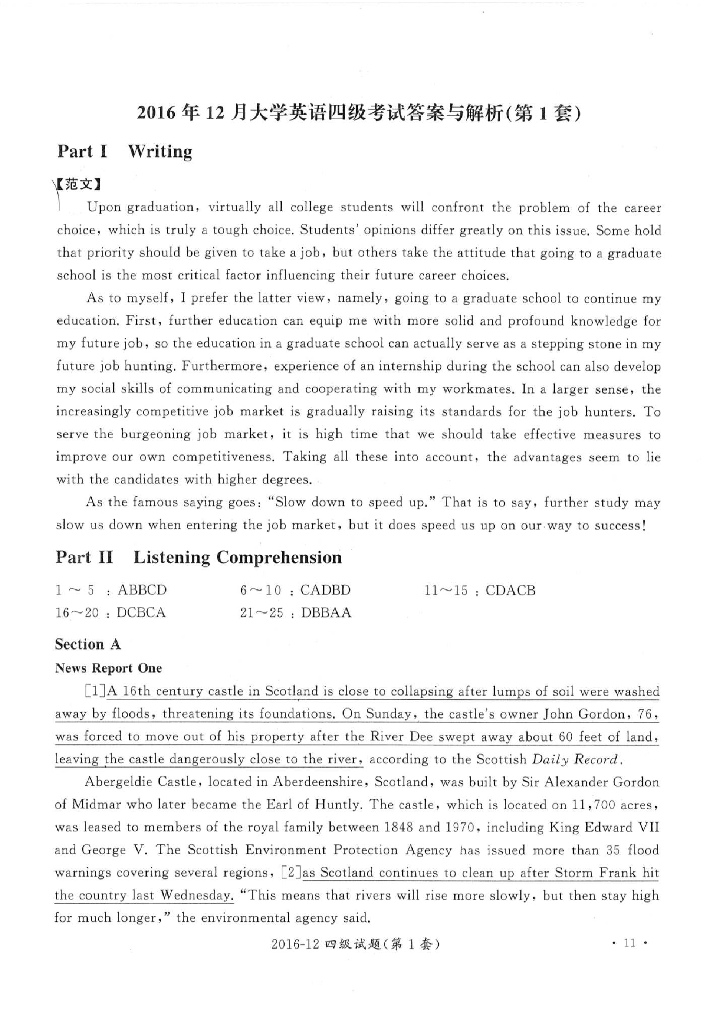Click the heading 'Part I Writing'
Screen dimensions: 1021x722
pyautogui.click(x=124, y=151)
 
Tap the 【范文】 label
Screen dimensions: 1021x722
pyautogui.click(x=79, y=184)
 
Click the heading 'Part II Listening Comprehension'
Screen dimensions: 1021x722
pyautogui.click(x=198, y=557)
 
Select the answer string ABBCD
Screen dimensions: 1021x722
pyautogui.click(x=142, y=591)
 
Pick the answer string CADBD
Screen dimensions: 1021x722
pyautogui.click(x=325, y=591)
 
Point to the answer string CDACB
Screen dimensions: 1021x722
pyautogui.click(x=510, y=591)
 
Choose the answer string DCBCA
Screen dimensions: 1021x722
pyautogui.click(x=141, y=613)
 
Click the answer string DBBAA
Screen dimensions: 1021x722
pyautogui.click(x=326, y=613)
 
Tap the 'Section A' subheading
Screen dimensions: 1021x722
pyautogui.click(x=88, y=644)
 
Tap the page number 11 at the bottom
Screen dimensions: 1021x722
pyautogui.click(x=629, y=955)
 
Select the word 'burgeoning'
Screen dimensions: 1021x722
pyautogui.click(x=155, y=434)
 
